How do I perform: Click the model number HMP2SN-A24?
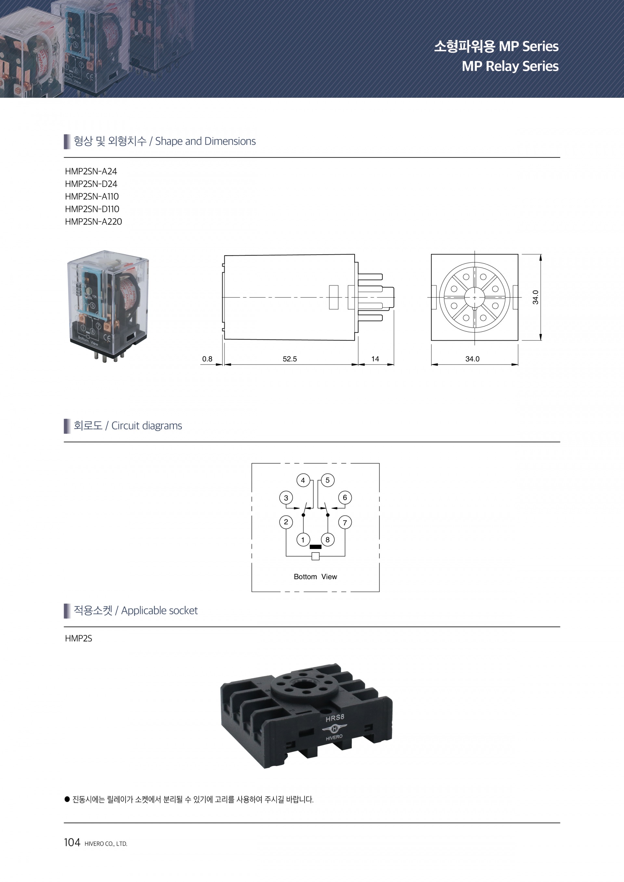coord(91,171)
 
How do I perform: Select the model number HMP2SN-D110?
coord(92,209)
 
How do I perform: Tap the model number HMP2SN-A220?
coord(93,222)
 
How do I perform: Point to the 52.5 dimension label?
coord(290,359)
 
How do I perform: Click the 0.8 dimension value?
coord(207,359)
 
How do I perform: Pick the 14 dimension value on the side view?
coord(375,359)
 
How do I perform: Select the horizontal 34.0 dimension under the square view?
coord(472,359)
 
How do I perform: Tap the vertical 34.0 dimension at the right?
coord(536,297)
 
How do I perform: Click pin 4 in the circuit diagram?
coord(303,480)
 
